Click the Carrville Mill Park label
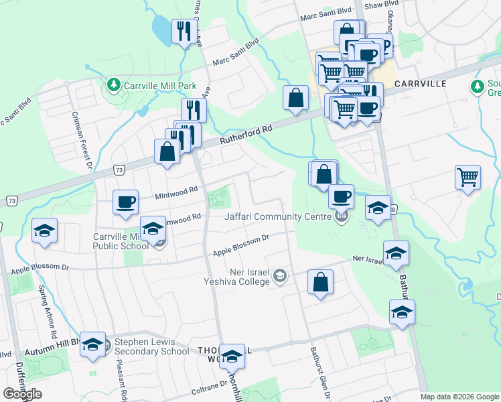click(159, 86)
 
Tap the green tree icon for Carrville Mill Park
click(113, 85)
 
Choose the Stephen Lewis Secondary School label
click(151, 346)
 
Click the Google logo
click(22, 393)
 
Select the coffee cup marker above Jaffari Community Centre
click(342, 196)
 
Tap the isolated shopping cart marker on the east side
click(468, 178)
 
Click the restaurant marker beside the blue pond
click(184, 31)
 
